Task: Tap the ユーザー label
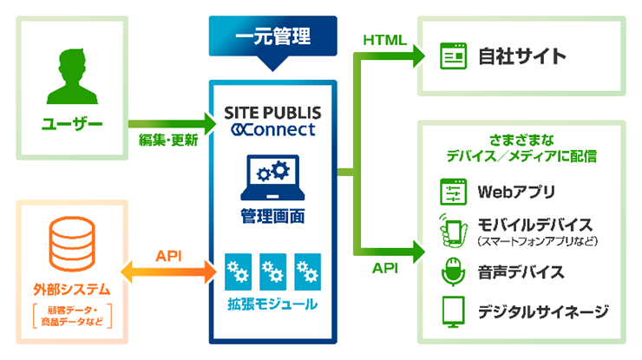coord(72,125)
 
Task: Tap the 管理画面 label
coord(272,214)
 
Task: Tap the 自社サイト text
coord(521,57)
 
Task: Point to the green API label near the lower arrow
coord(384,269)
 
